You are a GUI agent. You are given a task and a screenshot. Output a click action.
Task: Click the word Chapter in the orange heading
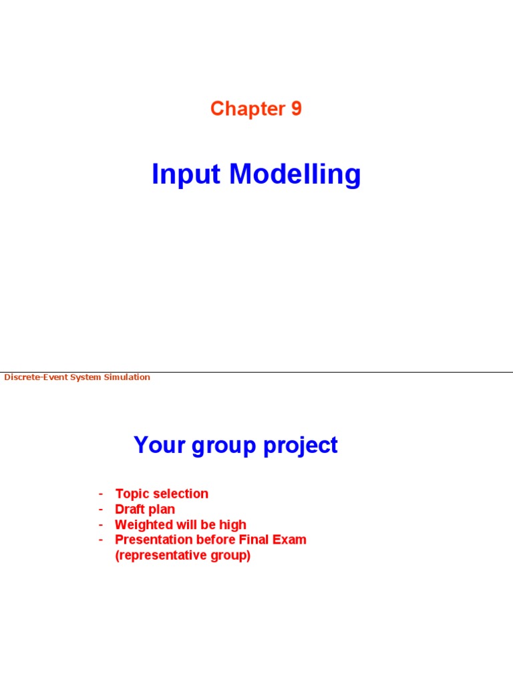point(247,108)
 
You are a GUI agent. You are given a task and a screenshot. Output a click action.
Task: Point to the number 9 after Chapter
point(296,108)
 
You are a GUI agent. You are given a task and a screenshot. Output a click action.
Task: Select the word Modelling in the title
point(295,175)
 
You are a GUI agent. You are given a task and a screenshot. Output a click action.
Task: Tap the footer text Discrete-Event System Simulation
point(77,377)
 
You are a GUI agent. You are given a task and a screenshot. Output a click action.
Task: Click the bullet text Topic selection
point(162,494)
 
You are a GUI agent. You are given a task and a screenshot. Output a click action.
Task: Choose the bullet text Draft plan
point(145,509)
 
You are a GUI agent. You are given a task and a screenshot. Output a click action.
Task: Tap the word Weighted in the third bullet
point(144,525)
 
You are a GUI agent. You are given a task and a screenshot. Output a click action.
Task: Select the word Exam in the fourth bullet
point(291,540)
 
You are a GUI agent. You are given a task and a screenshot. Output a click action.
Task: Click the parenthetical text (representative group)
point(182,556)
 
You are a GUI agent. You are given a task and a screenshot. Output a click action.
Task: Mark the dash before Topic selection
point(101,494)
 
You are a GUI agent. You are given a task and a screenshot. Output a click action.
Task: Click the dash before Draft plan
point(101,509)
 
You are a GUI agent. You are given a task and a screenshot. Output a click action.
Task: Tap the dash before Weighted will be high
point(101,524)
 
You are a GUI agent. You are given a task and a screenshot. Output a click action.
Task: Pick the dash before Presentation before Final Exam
point(101,540)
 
